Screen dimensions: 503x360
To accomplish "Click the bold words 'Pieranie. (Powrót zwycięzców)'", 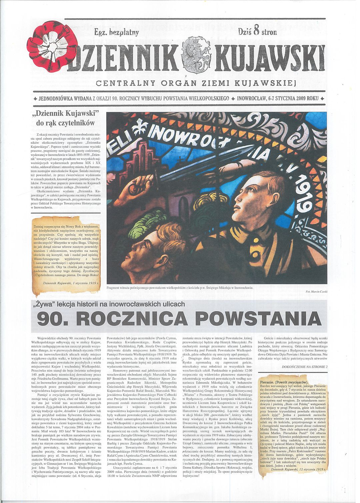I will coord(284,382).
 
